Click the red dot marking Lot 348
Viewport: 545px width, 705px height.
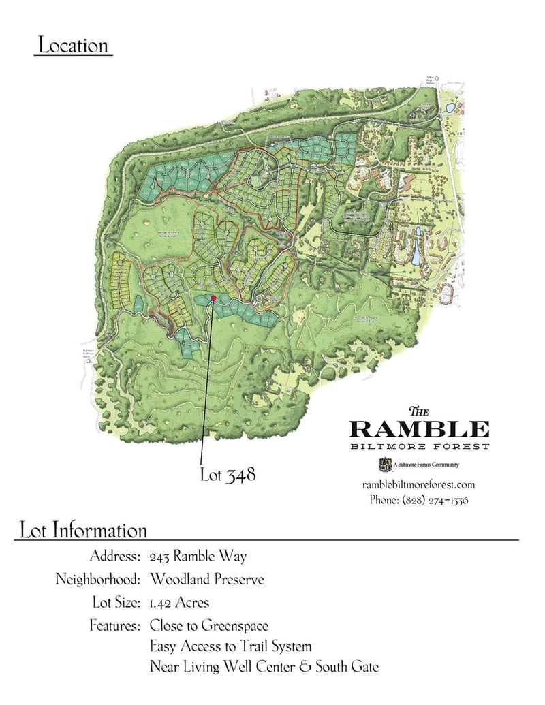coord(213,298)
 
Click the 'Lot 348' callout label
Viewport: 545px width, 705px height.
coord(228,474)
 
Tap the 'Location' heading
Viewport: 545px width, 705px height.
coord(73,46)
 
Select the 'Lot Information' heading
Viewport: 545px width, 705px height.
coord(84,530)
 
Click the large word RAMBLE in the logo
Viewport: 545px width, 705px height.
coord(419,429)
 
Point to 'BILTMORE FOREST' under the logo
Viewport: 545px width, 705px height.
coord(419,447)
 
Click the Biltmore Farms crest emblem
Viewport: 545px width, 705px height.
coord(382,465)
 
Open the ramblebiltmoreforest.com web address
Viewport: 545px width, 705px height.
coord(419,485)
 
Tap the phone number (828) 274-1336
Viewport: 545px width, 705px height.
coord(419,499)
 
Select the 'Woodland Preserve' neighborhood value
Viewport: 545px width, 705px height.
coord(207,580)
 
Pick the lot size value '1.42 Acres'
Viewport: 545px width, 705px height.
coord(179,603)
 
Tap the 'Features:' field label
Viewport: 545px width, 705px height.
coord(114,625)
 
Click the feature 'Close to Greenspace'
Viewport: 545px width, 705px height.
coord(209,625)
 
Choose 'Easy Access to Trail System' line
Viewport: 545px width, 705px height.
coord(230,646)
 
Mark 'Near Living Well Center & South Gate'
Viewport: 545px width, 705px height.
coord(264,667)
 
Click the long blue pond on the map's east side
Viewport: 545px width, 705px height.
coord(417,245)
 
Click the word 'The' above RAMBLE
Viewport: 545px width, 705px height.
coord(418,411)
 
